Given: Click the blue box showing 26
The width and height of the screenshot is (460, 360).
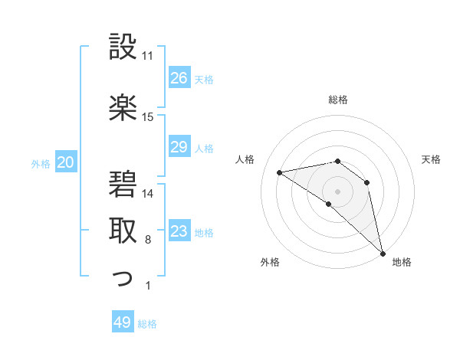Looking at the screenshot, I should tap(179, 78).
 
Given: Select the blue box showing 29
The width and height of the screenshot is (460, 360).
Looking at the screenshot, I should tap(179, 147).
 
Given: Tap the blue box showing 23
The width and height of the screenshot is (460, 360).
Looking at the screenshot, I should tap(179, 231).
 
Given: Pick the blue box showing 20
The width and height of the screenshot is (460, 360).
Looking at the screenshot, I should tap(66, 162).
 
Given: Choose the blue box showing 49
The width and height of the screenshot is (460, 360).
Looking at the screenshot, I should tap(123, 322).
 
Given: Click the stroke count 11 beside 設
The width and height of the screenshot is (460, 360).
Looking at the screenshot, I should tap(148, 56).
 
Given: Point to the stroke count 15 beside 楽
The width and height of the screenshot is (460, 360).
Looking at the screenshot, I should tap(148, 117).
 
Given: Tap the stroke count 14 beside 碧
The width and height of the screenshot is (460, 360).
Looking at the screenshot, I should tap(148, 193).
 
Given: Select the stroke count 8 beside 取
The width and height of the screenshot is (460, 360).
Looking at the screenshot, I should tap(147, 240).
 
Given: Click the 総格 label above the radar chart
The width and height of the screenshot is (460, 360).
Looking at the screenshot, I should tap(338, 100).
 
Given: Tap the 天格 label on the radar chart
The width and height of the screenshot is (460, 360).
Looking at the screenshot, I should tap(432, 159).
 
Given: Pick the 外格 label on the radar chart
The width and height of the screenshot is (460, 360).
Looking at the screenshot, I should tap(270, 262).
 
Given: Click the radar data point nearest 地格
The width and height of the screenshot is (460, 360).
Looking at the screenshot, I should tap(382, 252).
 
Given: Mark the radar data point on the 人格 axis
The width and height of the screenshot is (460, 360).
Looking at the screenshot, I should tap(280, 172).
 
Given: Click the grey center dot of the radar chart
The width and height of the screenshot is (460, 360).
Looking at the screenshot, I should tap(337, 191).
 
